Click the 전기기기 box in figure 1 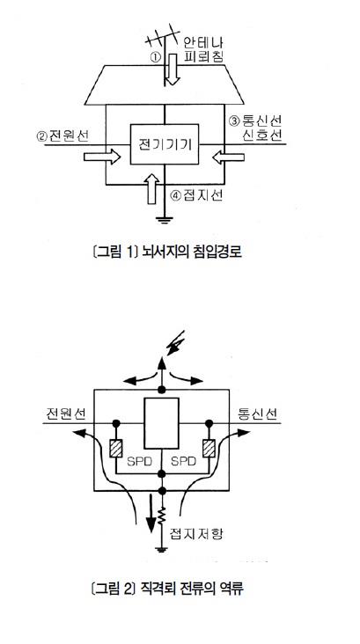(165, 144)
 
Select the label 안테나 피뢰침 (202, 49)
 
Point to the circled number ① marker (155, 58)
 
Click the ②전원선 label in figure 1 (62, 135)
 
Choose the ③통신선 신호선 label (255, 127)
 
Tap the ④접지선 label (196, 195)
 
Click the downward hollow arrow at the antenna (173, 69)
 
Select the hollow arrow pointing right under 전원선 (101, 157)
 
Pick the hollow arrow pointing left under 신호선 (229, 157)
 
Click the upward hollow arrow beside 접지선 (152, 188)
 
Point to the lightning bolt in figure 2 (174, 344)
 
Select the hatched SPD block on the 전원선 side (116, 449)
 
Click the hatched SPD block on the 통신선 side (209, 449)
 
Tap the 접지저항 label (196, 533)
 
